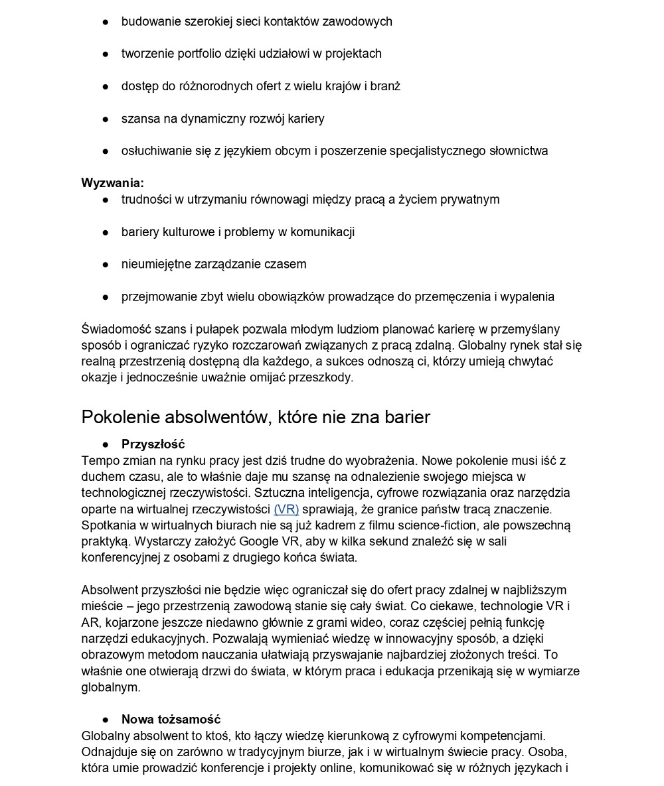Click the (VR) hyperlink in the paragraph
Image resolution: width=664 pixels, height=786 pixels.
(286, 509)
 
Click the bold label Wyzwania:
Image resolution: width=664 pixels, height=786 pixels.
(112, 183)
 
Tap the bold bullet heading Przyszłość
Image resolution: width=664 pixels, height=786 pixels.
(153, 444)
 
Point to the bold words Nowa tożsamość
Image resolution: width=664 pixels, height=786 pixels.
(171, 720)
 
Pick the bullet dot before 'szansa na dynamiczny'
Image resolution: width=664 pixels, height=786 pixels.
(105, 119)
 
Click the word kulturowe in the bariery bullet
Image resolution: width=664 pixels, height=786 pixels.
(188, 232)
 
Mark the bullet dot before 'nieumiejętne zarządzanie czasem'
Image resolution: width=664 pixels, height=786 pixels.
(105, 265)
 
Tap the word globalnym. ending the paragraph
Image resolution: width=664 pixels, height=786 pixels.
(111, 687)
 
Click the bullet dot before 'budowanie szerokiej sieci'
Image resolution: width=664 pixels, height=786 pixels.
(105, 22)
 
